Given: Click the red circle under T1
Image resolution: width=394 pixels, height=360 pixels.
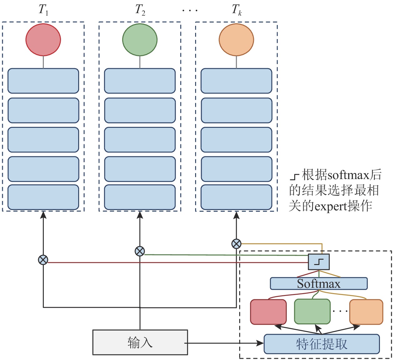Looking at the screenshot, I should pyautogui.click(x=43, y=40).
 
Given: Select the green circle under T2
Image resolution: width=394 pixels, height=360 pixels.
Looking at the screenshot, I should pyautogui.click(x=140, y=40).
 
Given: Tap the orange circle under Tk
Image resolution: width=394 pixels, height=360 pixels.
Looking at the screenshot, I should pyautogui.click(x=236, y=40).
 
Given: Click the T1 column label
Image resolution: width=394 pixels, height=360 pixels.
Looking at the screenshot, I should pyautogui.click(x=43, y=10).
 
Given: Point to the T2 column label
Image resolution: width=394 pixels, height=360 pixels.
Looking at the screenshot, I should pyautogui.click(x=140, y=10).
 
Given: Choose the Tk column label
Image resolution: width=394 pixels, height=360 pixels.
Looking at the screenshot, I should pyautogui.click(x=236, y=10).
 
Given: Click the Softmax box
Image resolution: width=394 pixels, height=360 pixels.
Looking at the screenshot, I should pyautogui.click(x=319, y=283).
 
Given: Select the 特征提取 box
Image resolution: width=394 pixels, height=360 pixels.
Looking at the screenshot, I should pyautogui.click(x=322, y=344).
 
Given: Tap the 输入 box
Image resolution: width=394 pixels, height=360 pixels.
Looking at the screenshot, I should pyautogui.click(x=140, y=342).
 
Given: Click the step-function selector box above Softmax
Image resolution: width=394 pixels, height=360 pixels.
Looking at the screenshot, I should pyautogui.click(x=319, y=262).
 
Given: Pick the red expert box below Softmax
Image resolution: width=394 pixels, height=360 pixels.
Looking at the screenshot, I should pyautogui.click(x=268, y=312).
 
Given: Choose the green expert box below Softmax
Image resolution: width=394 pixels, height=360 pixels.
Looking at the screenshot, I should pyautogui.click(x=312, y=312).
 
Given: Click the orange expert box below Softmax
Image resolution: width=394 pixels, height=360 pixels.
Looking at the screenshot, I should pyautogui.click(x=366, y=312).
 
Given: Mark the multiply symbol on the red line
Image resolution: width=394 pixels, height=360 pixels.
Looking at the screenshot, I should pyautogui.click(x=43, y=260).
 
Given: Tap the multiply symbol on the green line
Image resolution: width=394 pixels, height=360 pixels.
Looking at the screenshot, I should pyautogui.click(x=140, y=251).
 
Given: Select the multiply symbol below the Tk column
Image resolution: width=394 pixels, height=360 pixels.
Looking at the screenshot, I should pyautogui.click(x=236, y=243).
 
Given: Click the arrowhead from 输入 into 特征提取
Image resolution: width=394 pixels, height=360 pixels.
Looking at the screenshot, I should pyautogui.click(x=260, y=343).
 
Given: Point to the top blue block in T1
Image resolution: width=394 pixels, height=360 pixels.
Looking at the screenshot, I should pyautogui.click(x=43, y=81).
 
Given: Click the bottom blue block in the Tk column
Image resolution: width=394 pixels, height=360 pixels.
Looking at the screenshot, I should pyautogui.click(x=236, y=197).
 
